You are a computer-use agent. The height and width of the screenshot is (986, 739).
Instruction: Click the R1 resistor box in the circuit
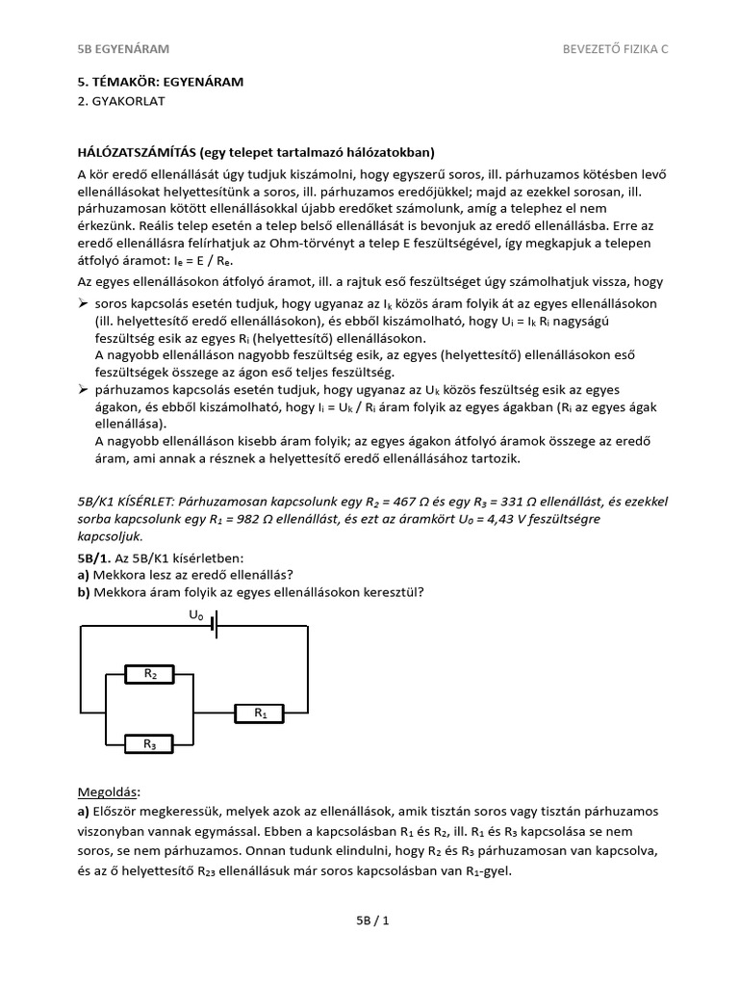260,714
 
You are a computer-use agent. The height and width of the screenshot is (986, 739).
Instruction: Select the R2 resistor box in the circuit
151,674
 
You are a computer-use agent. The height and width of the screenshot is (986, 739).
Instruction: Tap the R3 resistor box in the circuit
151,743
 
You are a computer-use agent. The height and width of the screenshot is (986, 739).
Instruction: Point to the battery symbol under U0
216,626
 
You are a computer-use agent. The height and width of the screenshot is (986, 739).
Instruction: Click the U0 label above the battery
195,613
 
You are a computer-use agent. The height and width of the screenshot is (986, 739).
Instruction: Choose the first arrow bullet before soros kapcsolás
83,303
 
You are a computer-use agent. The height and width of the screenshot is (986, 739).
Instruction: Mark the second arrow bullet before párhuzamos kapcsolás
83,390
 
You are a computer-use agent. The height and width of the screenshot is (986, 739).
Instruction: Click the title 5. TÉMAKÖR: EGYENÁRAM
160,82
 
